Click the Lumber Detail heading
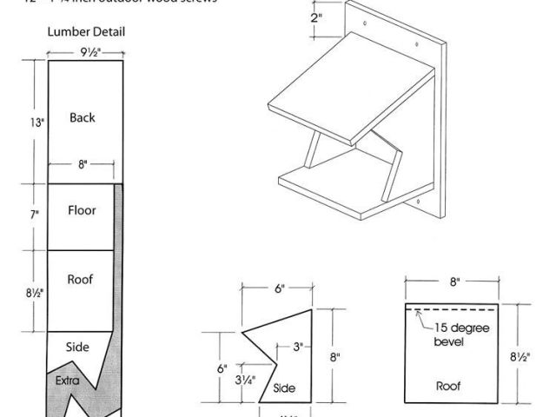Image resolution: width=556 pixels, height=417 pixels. (85, 32)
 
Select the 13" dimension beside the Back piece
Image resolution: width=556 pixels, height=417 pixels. (36, 122)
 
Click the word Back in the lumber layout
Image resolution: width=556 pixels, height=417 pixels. (82, 117)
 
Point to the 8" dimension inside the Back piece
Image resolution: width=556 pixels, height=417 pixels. (81, 164)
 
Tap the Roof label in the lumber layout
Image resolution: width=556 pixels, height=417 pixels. (80, 280)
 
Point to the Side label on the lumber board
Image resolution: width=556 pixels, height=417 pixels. (78, 347)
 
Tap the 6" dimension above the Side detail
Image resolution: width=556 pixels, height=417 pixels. (279, 289)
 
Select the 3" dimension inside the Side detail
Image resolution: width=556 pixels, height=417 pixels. (297, 347)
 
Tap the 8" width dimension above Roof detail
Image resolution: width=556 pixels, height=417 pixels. (454, 281)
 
